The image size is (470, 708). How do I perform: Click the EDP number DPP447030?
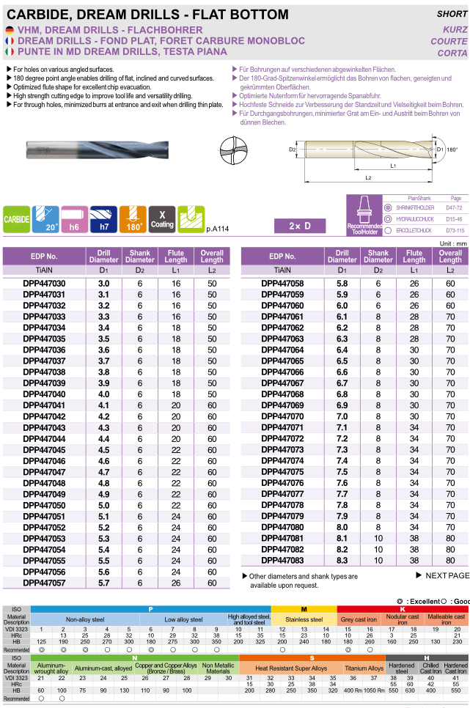[44, 283]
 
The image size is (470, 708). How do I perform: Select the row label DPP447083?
[282, 560]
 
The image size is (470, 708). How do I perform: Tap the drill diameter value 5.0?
[103, 506]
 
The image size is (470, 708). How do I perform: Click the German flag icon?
[9, 29]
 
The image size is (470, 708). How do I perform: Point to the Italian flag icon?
[9, 52]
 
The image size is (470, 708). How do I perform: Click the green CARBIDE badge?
[16, 219]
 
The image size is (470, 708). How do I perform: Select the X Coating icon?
[161, 218]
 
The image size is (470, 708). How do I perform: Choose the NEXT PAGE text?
[441, 576]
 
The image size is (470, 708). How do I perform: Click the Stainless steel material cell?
[304, 619]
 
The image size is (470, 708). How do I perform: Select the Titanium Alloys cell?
[364, 668]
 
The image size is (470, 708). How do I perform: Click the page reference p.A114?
[218, 229]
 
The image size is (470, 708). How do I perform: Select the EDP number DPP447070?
[282, 416]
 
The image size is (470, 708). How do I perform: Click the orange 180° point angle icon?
[133, 218]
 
